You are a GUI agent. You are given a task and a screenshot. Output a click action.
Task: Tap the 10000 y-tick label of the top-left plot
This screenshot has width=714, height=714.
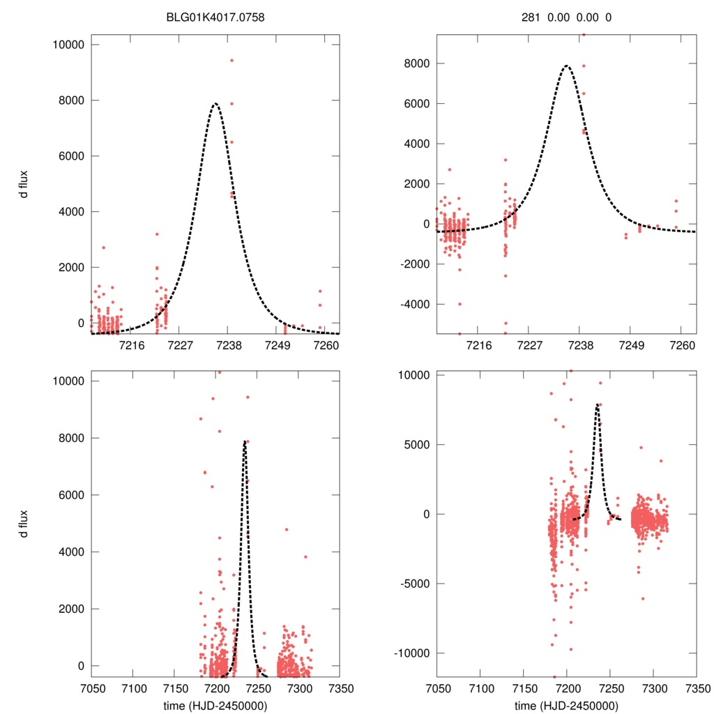(x=67, y=45)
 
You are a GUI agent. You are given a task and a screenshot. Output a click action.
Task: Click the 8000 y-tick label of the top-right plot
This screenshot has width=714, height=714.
(x=417, y=63)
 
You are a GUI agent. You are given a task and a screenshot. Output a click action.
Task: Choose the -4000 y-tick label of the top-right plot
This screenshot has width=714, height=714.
(x=414, y=304)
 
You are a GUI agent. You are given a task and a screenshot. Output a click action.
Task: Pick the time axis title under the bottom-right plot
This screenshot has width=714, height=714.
(x=566, y=706)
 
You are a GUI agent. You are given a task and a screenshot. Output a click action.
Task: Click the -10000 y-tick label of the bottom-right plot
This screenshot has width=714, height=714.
(x=411, y=653)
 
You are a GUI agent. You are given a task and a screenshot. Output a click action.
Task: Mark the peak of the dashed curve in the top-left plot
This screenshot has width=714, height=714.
(x=215, y=104)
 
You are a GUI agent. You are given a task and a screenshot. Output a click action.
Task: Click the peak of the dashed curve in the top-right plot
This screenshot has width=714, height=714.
(x=566, y=66)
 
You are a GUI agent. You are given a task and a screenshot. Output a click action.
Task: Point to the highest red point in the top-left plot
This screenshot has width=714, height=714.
(x=231, y=60)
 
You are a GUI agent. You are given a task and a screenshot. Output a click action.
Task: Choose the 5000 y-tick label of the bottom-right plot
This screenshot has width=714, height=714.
(x=417, y=444)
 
